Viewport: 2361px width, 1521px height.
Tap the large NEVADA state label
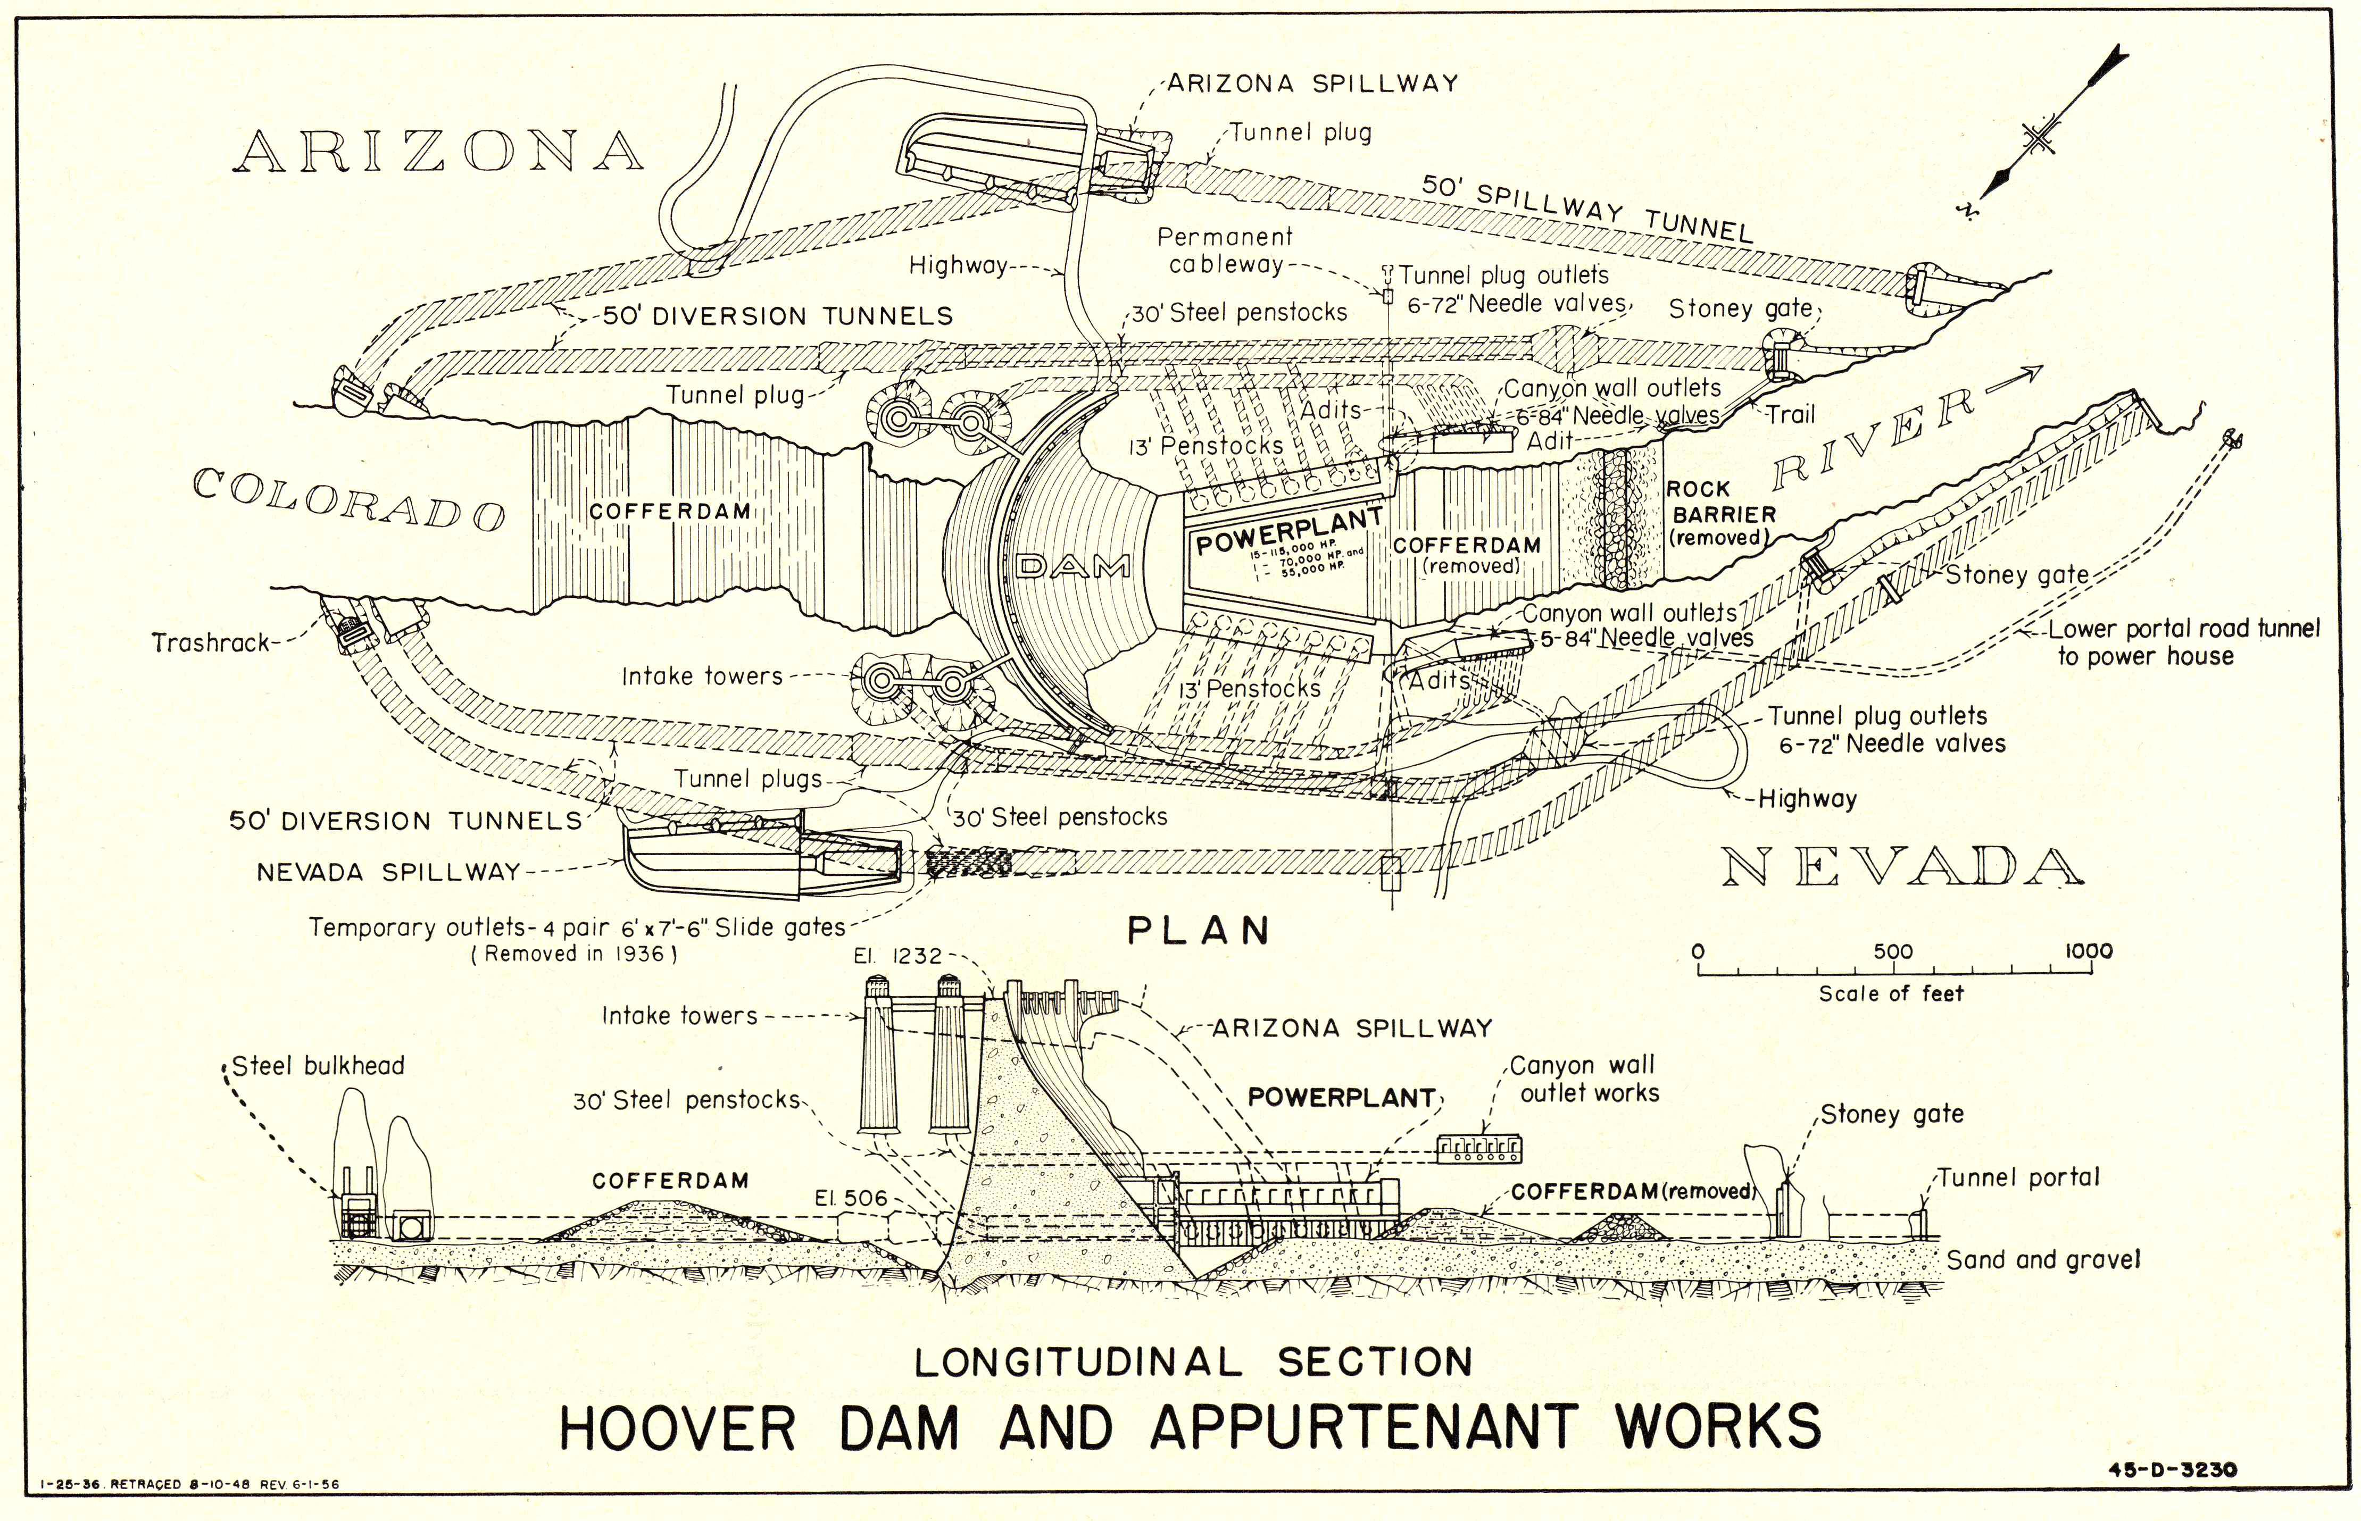click(x=1902, y=867)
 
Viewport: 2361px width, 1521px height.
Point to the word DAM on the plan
click(x=1074, y=566)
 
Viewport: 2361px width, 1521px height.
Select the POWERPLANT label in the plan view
click(x=1289, y=531)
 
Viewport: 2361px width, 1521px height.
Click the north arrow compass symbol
click(x=2040, y=138)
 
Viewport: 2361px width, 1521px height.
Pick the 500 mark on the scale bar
click(x=1893, y=952)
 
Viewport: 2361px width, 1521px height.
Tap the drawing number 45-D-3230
click(x=2172, y=1469)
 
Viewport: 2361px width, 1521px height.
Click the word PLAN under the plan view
click(x=1198, y=931)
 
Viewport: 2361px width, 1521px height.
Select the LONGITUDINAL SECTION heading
click(x=1193, y=1362)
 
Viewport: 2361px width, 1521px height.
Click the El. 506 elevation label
click(x=851, y=1198)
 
